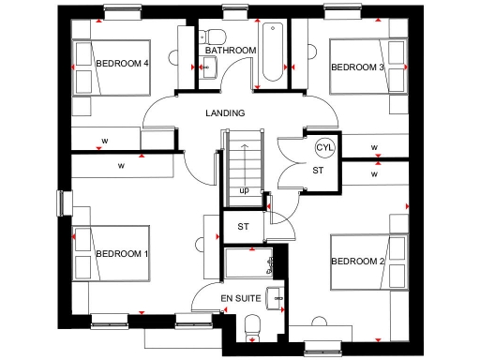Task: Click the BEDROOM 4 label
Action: (x=123, y=64)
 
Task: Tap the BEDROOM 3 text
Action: (x=357, y=67)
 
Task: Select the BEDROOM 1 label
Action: (x=122, y=254)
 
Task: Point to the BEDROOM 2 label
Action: (x=357, y=261)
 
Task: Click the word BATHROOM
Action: (x=231, y=50)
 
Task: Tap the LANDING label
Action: (x=225, y=113)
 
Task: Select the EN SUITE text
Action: (x=240, y=297)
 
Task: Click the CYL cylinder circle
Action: (x=325, y=148)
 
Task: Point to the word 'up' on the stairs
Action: (x=244, y=191)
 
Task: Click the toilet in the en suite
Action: (x=250, y=324)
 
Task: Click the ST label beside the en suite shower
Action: (x=243, y=226)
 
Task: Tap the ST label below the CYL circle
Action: (x=318, y=171)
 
